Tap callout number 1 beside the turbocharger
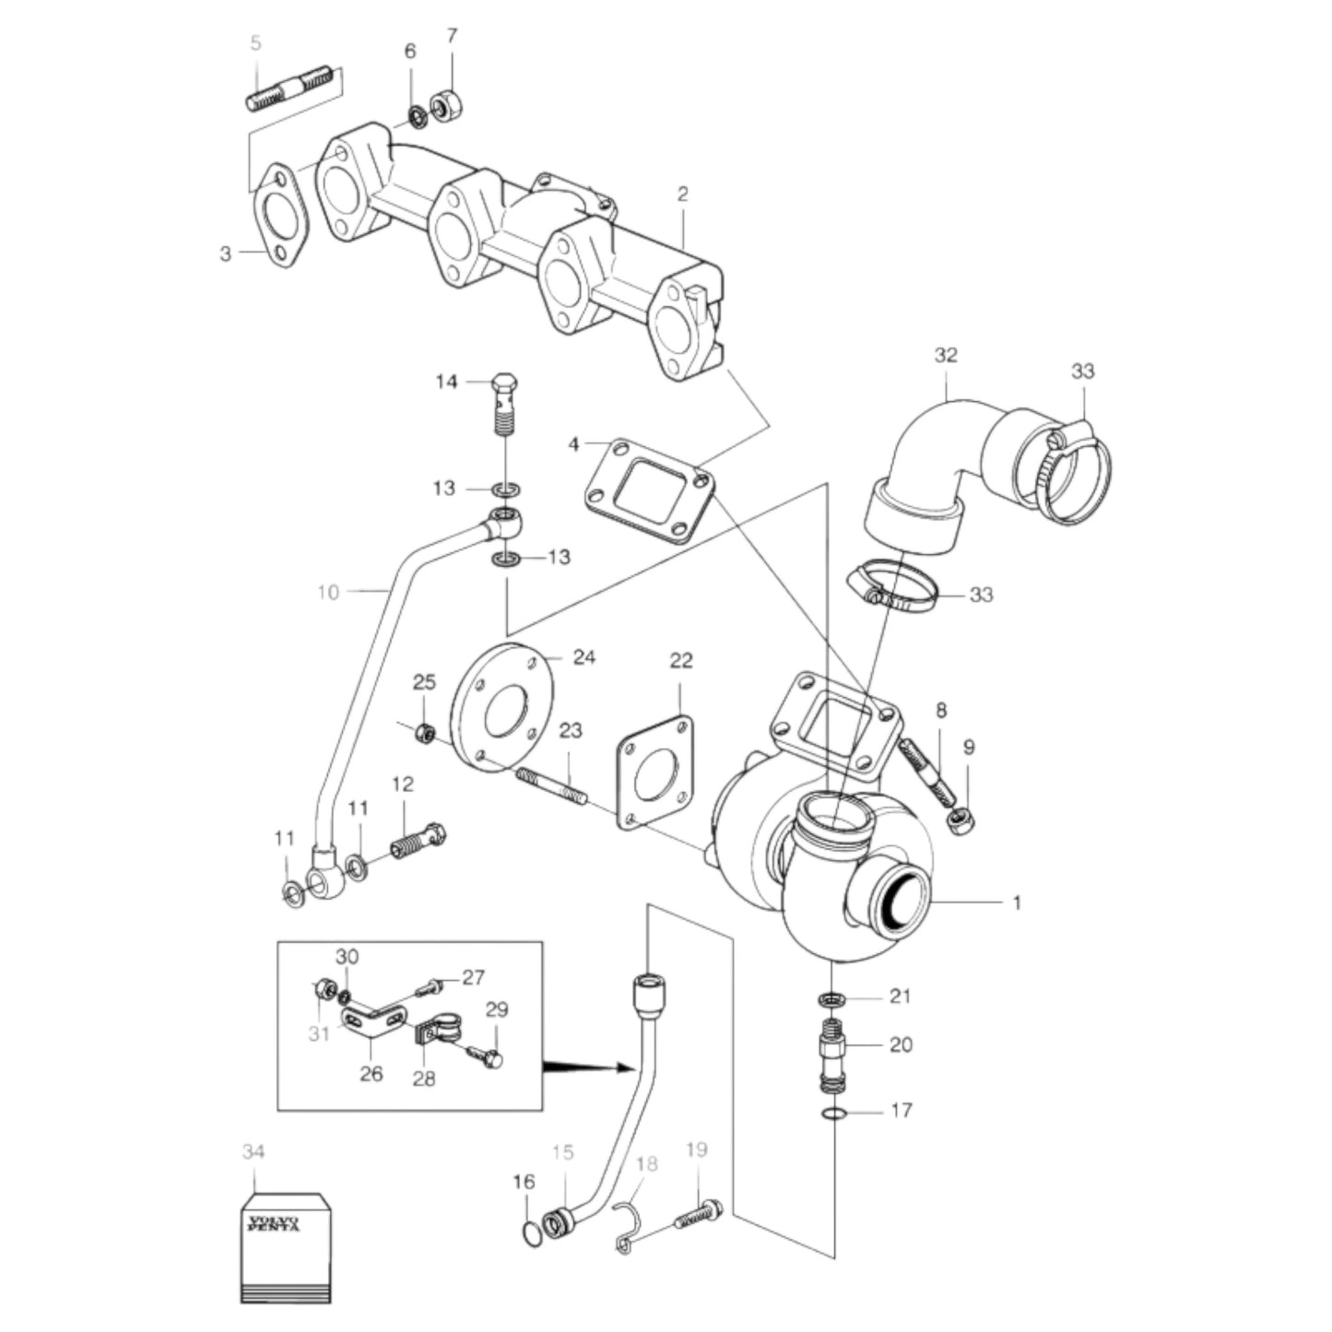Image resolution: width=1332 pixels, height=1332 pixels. [x=1017, y=903]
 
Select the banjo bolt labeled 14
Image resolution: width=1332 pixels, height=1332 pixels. [x=505, y=406]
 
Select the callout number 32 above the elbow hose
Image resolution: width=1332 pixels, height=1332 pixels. [x=945, y=355]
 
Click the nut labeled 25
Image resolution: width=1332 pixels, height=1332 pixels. [x=426, y=734]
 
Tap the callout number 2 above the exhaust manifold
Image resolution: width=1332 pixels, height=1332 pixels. [x=682, y=194]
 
